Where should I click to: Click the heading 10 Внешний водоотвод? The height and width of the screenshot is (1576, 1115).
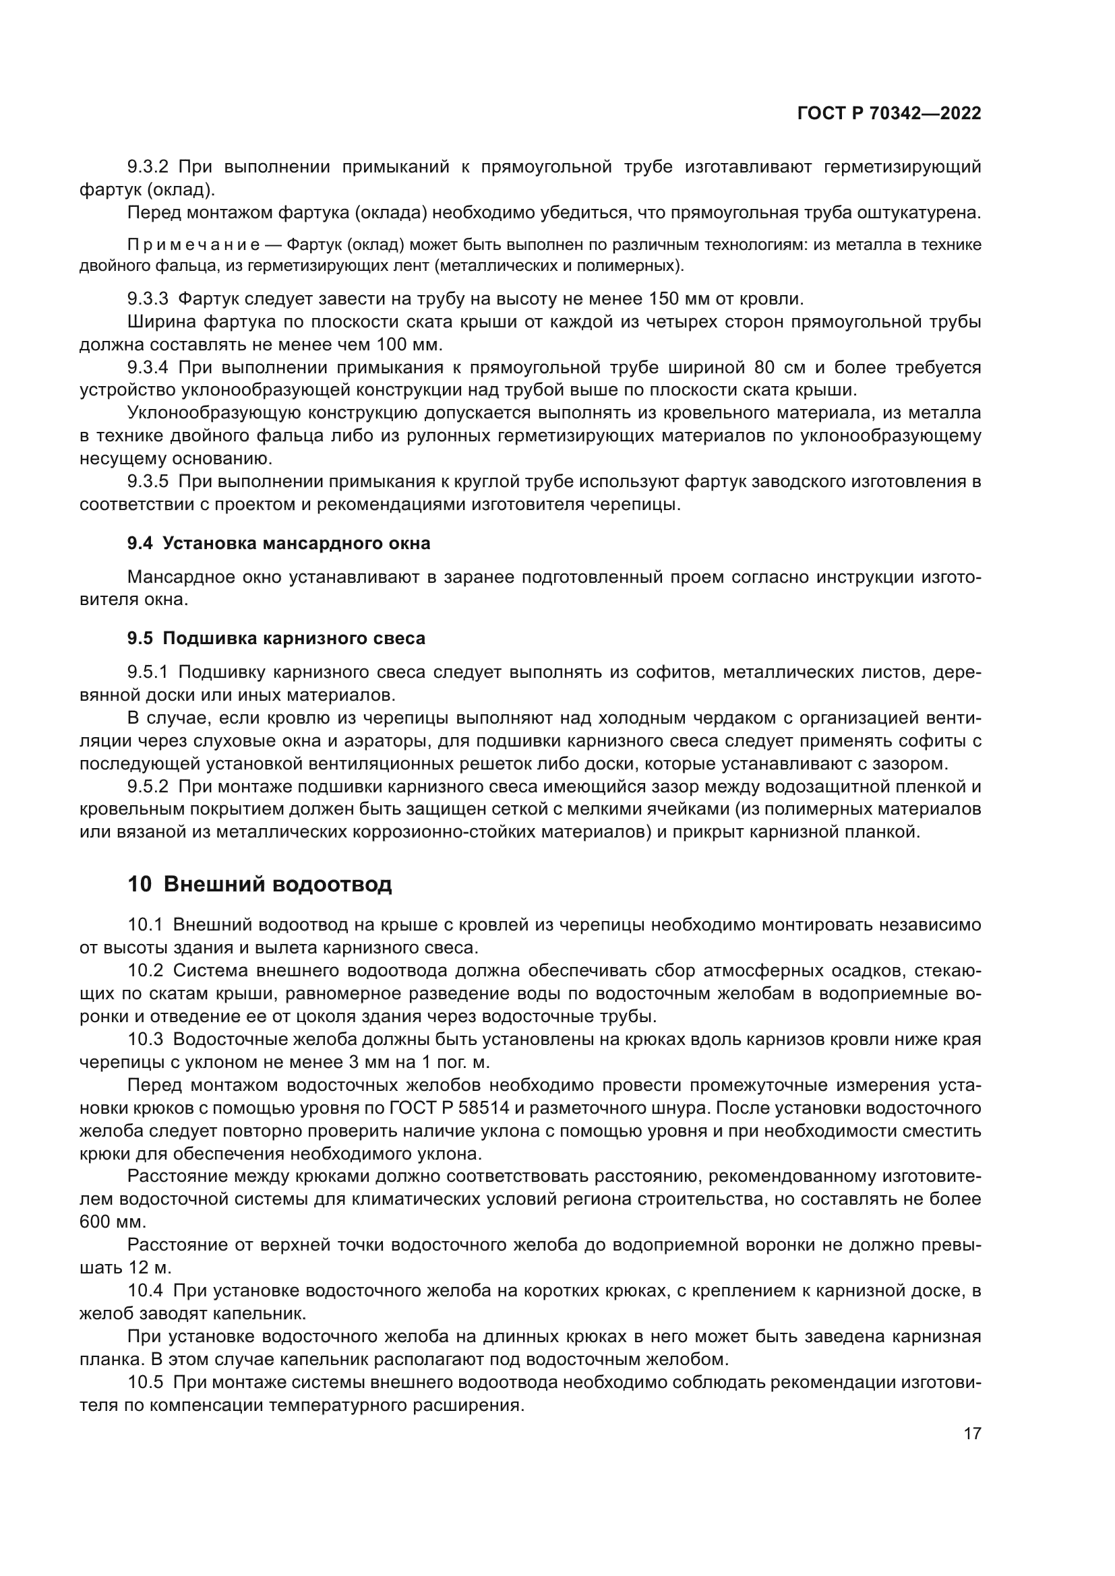(260, 884)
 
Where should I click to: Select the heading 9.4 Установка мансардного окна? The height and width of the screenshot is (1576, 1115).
(279, 543)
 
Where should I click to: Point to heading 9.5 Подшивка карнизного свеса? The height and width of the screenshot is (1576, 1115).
(276, 638)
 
